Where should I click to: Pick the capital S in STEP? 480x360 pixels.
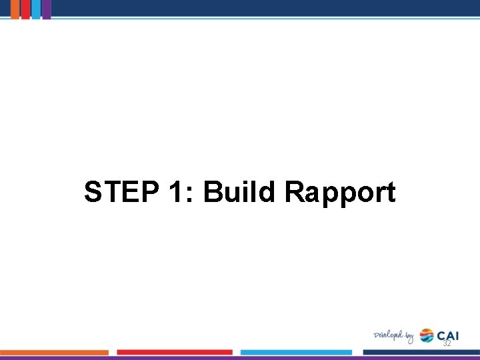point(94,193)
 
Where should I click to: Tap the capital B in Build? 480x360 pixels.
point(212,193)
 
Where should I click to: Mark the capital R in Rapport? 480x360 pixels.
point(293,193)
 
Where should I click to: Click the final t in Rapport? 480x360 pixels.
point(390,193)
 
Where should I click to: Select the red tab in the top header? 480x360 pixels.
point(25,9)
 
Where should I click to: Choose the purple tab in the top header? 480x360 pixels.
point(46,9)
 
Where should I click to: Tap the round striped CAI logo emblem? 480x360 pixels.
point(427,335)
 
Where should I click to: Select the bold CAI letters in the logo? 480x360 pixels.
point(448,335)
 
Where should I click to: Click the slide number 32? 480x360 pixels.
point(447,343)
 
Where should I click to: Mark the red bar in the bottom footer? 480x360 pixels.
point(175,352)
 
